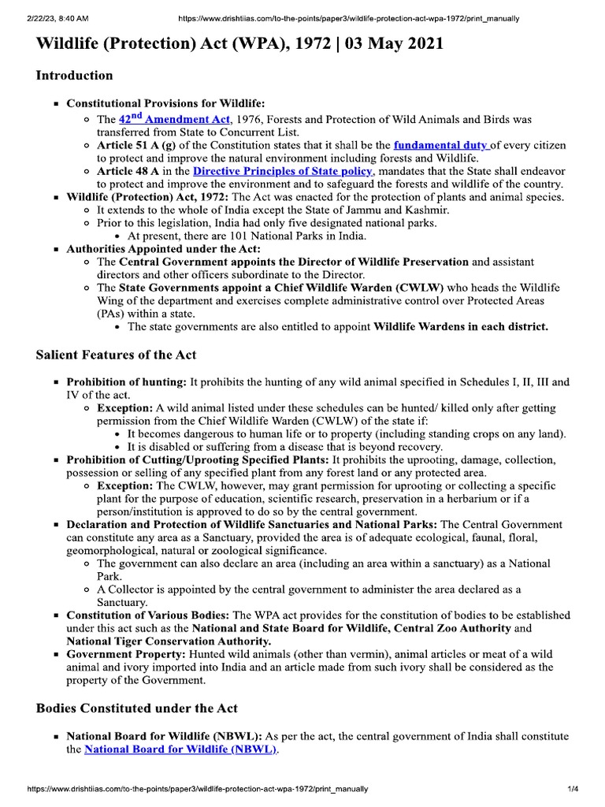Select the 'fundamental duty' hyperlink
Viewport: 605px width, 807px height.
(441, 145)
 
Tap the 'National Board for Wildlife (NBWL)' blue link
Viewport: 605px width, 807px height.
(180, 749)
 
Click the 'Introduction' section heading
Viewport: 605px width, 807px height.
(75, 76)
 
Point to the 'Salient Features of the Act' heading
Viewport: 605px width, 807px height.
(117, 355)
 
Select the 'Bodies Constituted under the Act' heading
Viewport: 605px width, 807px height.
(137, 708)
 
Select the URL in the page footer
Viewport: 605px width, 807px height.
(197, 789)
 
